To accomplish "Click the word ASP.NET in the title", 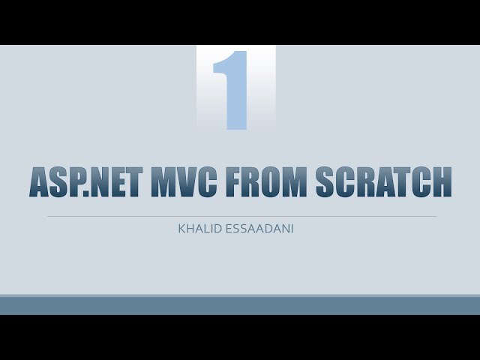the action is [x=86, y=181].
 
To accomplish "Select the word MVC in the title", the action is [x=184, y=181].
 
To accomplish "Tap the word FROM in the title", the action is [x=266, y=181].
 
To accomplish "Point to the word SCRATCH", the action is [x=384, y=181].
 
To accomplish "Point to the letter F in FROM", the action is [x=234, y=181].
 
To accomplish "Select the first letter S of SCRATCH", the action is [x=325, y=181].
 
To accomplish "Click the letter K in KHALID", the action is [x=181, y=229].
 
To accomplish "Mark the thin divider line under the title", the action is [x=241, y=217].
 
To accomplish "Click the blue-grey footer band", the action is [x=240, y=305].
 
